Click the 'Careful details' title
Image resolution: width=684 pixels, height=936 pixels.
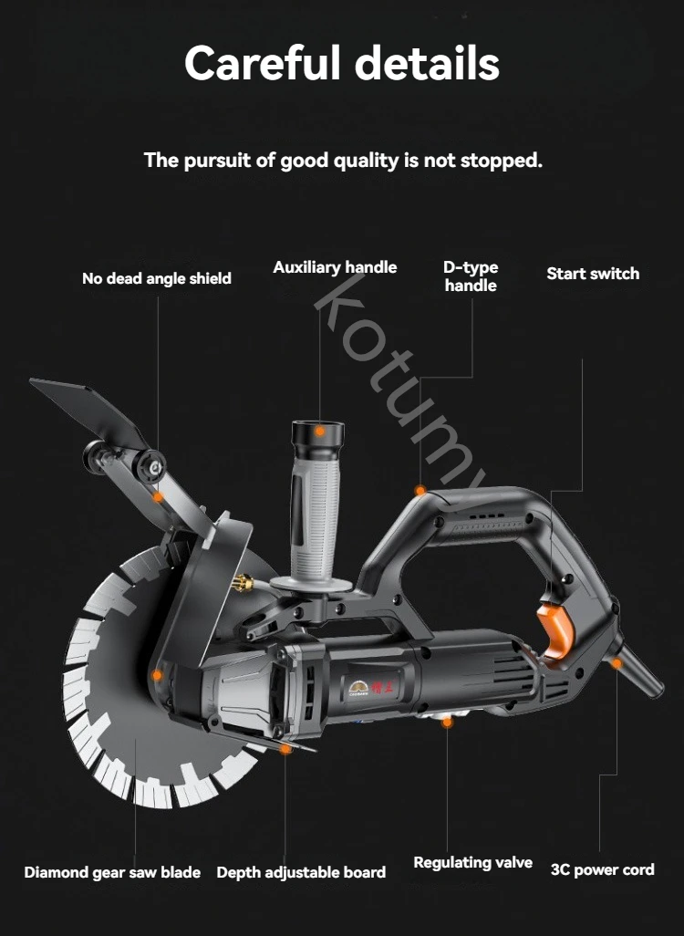[342, 64]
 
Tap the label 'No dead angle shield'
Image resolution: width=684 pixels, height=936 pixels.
[157, 278]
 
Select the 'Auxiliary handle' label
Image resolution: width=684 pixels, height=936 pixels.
[335, 267]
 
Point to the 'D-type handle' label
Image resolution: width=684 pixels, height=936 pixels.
[471, 276]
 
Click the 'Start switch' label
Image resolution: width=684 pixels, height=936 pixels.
[593, 274]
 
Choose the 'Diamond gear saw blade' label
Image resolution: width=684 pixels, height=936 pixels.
[112, 872]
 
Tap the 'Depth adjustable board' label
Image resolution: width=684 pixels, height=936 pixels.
[301, 872]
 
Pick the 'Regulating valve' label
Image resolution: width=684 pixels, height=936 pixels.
[472, 862]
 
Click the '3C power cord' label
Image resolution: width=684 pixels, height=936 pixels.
[602, 869]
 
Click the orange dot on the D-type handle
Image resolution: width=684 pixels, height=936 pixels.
[420, 491]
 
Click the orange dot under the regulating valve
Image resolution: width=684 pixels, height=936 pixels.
[447, 723]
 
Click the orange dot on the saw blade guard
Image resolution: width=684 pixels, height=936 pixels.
[157, 676]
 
